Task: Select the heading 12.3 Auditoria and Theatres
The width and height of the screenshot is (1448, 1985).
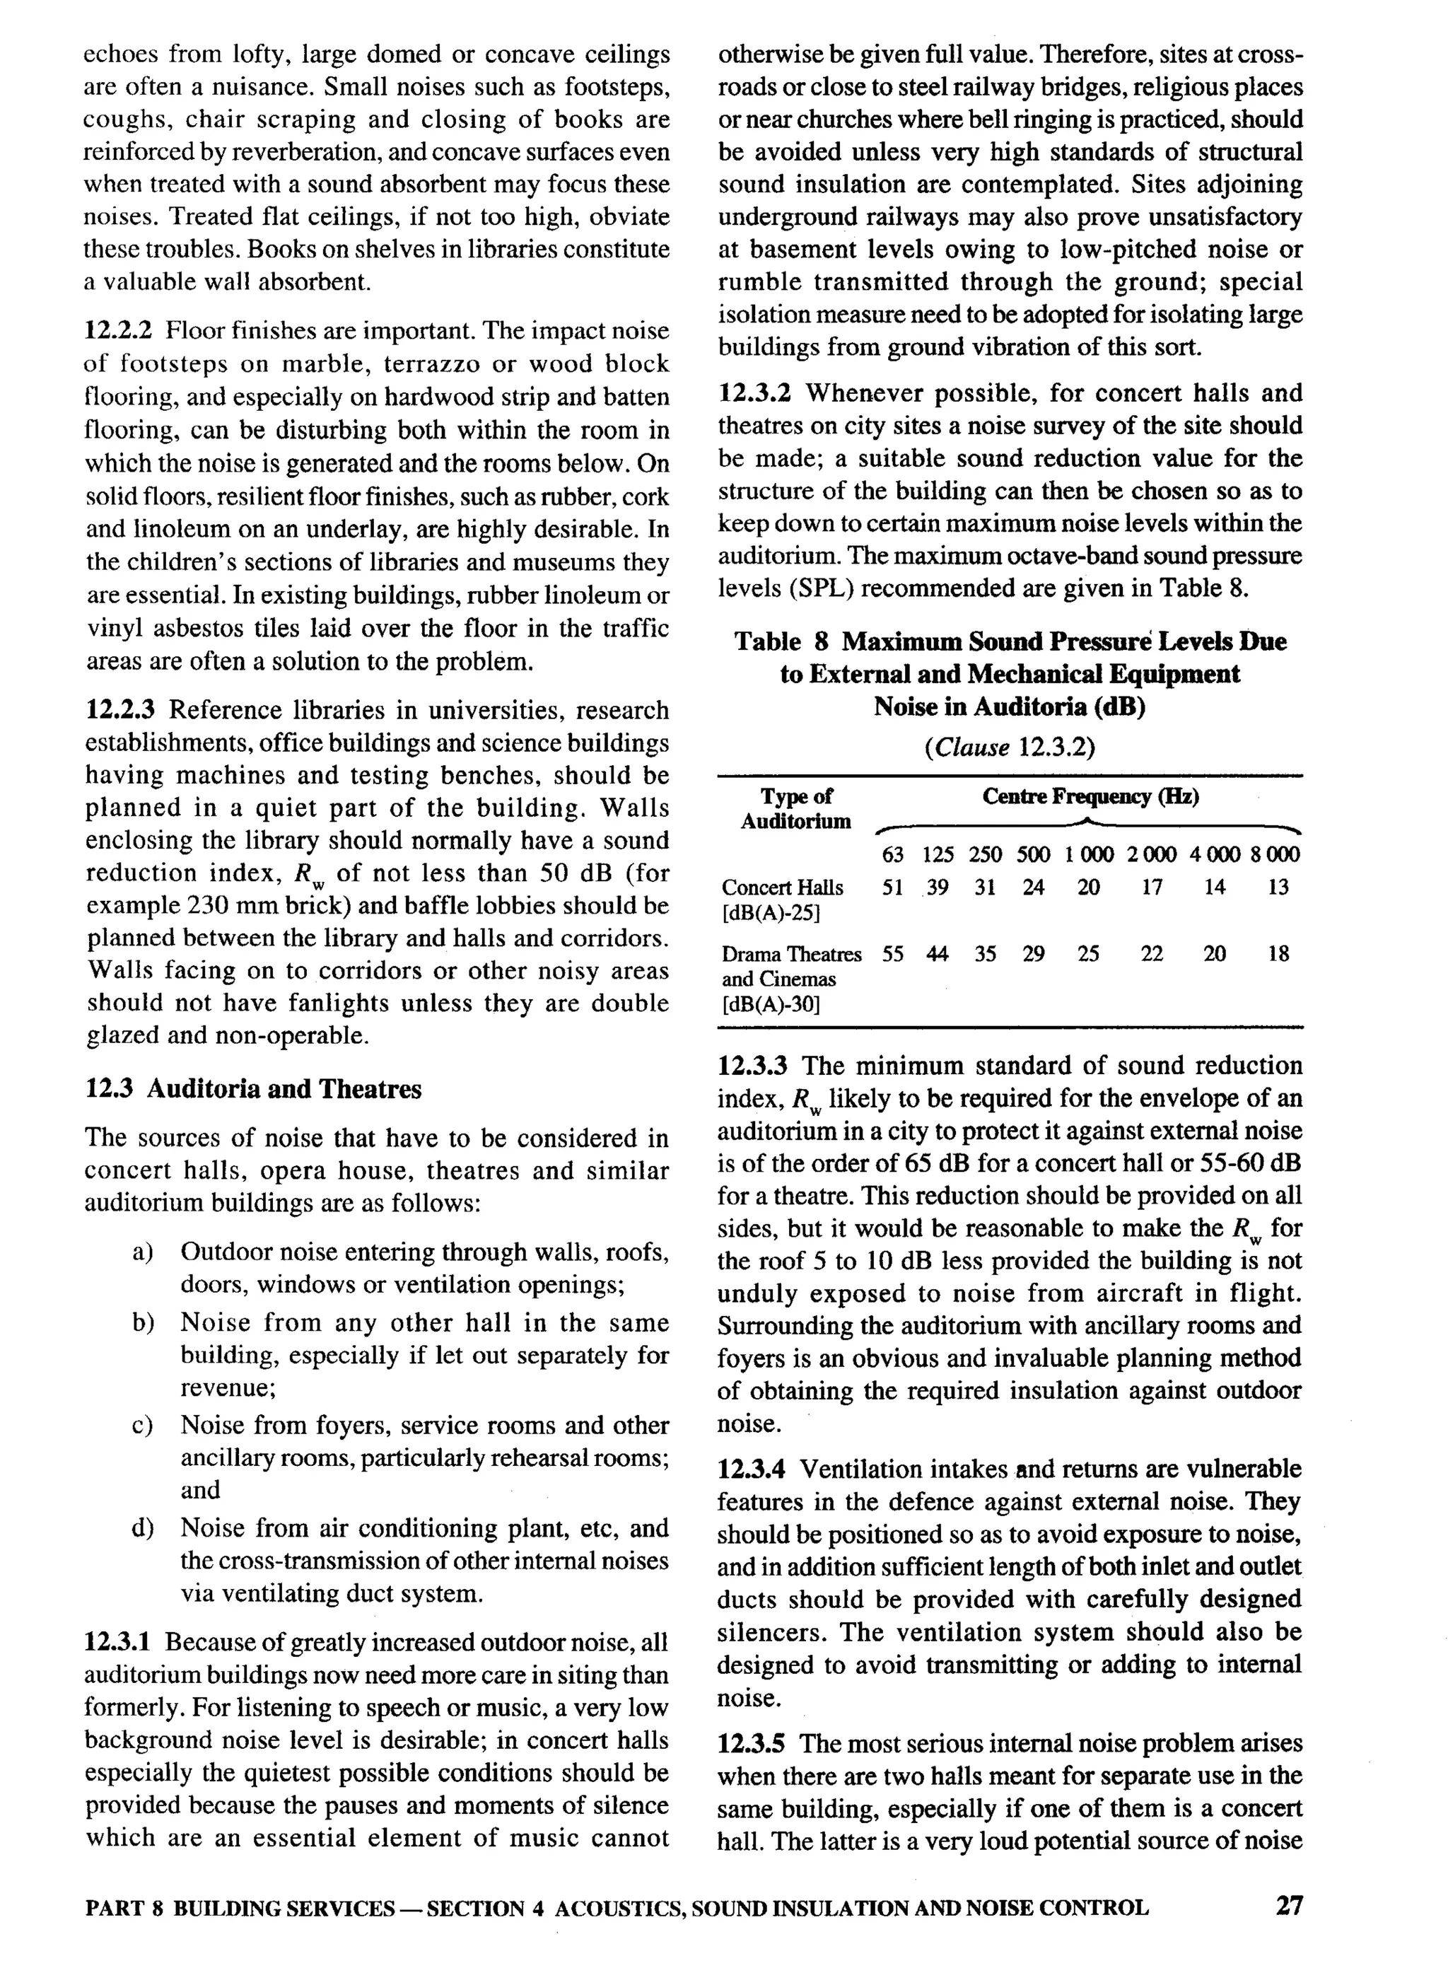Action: (253, 1089)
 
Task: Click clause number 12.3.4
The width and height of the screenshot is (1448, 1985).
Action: (754, 1469)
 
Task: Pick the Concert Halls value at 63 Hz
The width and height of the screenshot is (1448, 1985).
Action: (892, 887)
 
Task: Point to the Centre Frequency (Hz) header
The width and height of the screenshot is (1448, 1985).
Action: (1090, 796)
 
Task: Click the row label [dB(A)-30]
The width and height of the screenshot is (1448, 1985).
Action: (769, 1004)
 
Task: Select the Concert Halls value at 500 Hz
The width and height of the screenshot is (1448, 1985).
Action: (1034, 887)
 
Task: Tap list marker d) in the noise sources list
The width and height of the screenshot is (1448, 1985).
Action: (143, 1528)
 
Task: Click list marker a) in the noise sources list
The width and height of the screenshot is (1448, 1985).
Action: (143, 1252)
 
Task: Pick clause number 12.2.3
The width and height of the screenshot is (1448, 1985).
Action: (121, 709)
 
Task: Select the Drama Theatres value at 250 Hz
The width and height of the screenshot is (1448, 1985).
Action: (985, 954)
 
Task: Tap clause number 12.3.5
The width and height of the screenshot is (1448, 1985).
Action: (754, 1743)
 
